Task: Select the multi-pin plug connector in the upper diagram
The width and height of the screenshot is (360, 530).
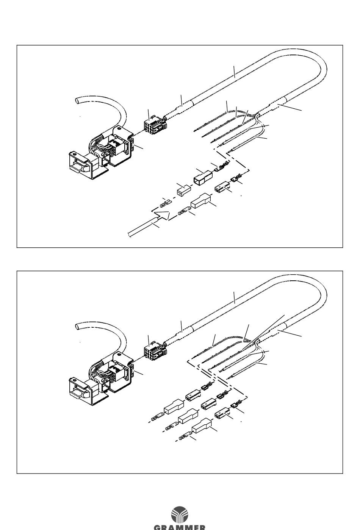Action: (x=152, y=124)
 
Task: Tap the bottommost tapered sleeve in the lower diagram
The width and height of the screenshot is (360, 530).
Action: (x=201, y=427)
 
